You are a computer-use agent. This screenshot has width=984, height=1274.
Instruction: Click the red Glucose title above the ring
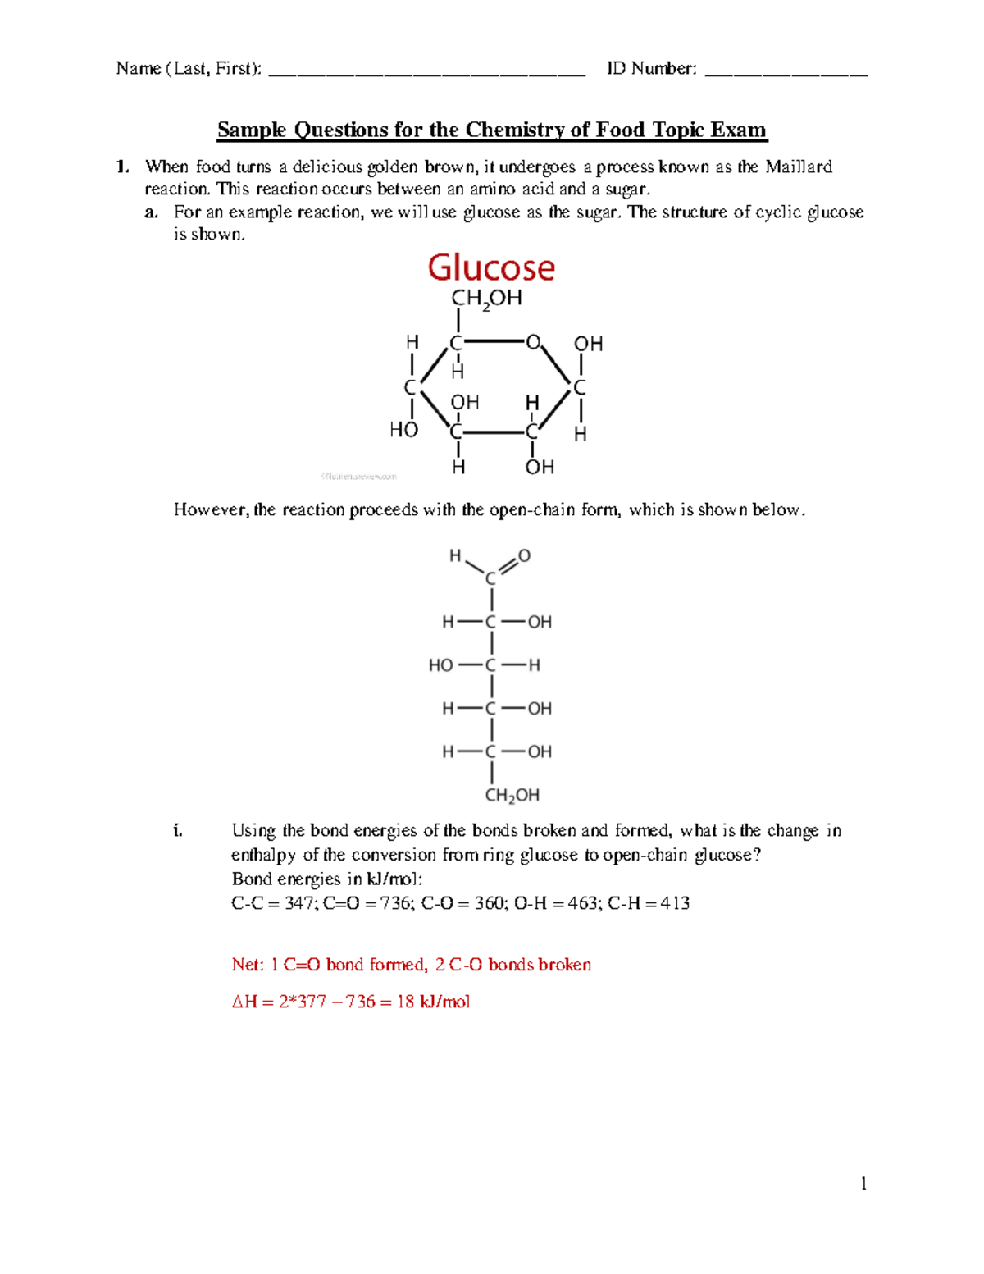pyautogui.click(x=491, y=267)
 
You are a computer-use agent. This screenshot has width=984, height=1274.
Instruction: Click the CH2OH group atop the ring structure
pyautogui.click(x=486, y=299)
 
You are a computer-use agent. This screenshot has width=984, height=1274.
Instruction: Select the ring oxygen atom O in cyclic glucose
pyautogui.click(x=533, y=341)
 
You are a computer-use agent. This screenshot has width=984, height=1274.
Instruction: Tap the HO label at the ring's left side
pyautogui.click(x=403, y=429)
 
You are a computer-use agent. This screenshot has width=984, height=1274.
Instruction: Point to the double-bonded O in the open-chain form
pyautogui.click(x=525, y=555)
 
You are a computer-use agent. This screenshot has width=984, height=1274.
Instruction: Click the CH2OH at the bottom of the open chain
pyautogui.click(x=512, y=795)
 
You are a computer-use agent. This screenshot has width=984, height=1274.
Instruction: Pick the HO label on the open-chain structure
pyautogui.click(x=440, y=665)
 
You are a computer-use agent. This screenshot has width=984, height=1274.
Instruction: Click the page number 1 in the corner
pyautogui.click(x=863, y=1183)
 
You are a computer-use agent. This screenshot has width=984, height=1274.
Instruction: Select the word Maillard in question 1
pyautogui.click(x=799, y=167)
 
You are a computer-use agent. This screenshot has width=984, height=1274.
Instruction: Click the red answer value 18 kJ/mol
pyautogui.click(x=433, y=1002)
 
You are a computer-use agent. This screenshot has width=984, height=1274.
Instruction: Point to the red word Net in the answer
pyautogui.click(x=245, y=965)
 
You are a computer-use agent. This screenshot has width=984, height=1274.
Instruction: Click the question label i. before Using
pyautogui.click(x=177, y=831)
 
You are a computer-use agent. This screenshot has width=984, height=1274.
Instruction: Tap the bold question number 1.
pyautogui.click(x=122, y=167)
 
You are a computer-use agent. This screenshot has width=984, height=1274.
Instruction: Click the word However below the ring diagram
pyautogui.click(x=208, y=510)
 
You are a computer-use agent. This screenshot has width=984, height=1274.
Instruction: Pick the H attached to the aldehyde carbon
pyautogui.click(x=455, y=556)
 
